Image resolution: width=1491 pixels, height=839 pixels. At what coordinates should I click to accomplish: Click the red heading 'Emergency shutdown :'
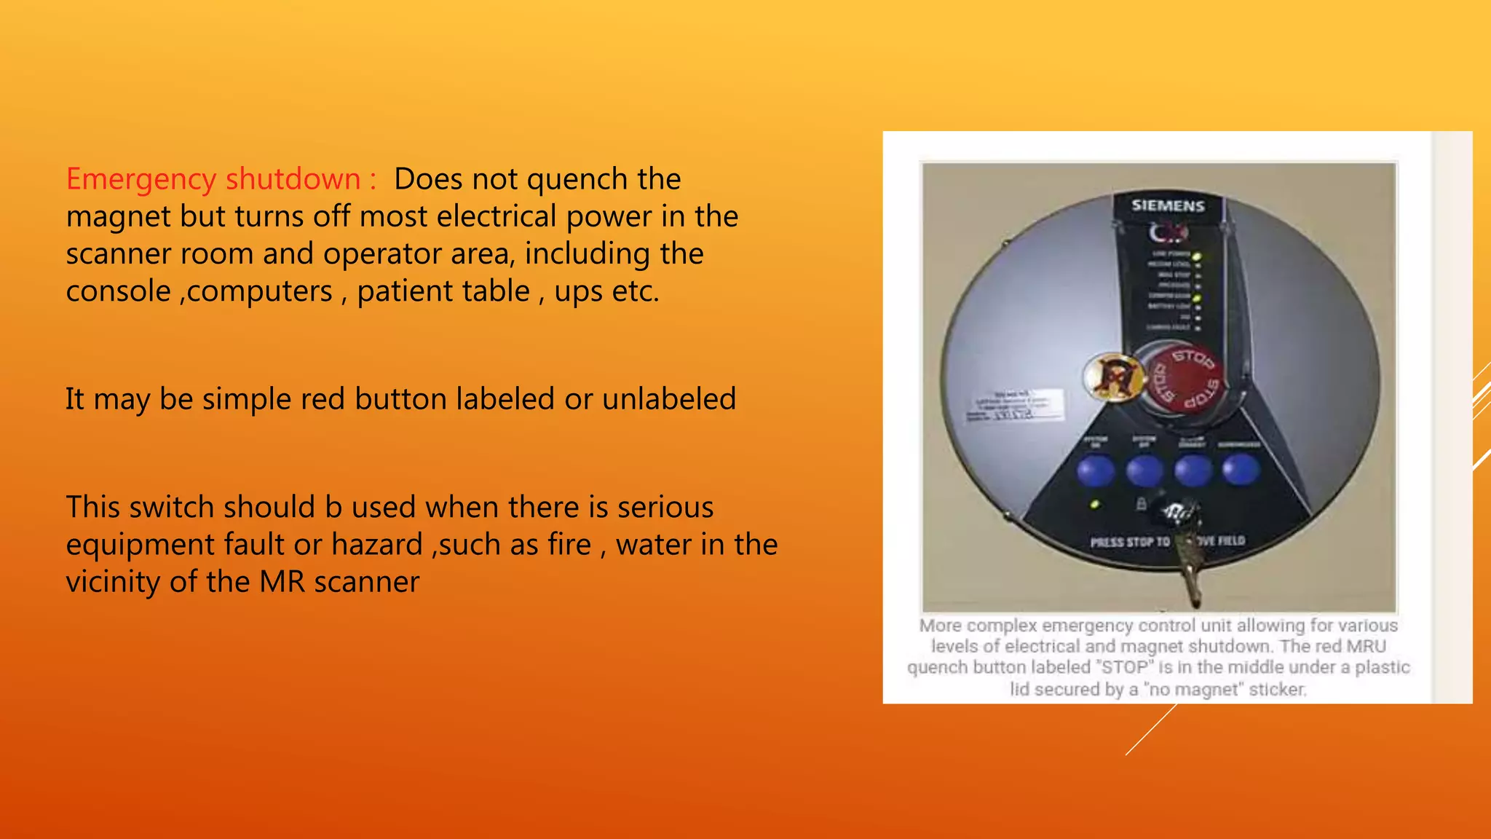(x=221, y=179)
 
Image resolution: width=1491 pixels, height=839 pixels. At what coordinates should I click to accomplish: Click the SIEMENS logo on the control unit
(x=1168, y=206)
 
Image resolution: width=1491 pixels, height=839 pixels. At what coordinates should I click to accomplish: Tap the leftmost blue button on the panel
(x=1096, y=470)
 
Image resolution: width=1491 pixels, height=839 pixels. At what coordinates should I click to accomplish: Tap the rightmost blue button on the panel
(x=1241, y=470)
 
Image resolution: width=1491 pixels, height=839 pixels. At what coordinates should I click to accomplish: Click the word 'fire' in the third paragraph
(x=572, y=545)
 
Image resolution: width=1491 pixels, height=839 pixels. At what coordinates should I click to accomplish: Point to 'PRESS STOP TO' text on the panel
(x=1130, y=542)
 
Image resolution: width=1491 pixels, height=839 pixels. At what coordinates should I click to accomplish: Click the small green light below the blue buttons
(x=1094, y=504)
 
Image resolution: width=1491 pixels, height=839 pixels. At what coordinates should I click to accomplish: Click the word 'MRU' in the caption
(x=1366, y=646)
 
